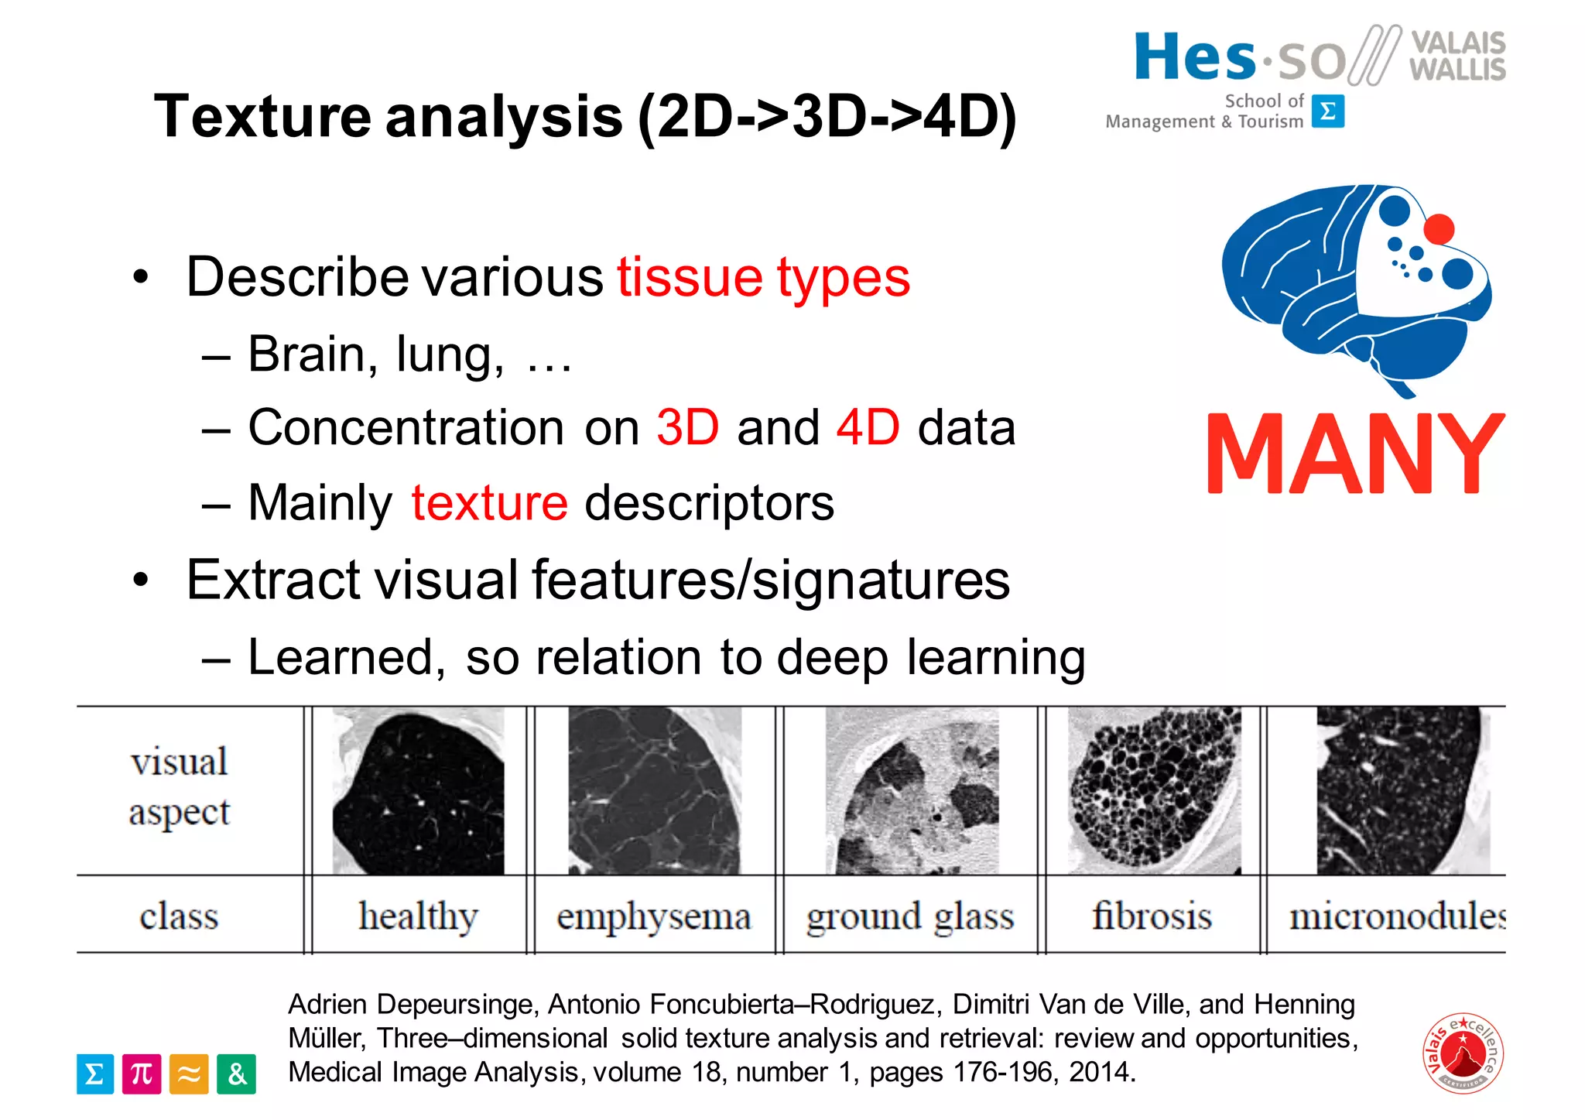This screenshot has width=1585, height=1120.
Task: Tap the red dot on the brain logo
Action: click(x=1439, y=229)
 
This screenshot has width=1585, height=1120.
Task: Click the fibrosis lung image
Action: click(x=1154, y=790)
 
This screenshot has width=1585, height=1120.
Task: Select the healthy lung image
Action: click(x=418, y=790)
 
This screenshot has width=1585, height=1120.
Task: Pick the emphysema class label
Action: click(x=653, y=916)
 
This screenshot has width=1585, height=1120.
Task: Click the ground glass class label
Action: click(x=909, y=916)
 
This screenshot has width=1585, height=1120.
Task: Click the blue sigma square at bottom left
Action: click(x=95, y=1074)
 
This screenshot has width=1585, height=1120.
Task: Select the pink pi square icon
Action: click(x=142, y=1074)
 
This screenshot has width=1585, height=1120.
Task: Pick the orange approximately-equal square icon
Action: click(x=189, y=1074)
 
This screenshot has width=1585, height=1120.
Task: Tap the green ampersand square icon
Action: click(x=236, y=1074)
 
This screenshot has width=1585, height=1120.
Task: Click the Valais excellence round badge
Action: click(x=1462, y=1053)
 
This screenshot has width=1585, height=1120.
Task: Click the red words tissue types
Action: click(x=763, y=277)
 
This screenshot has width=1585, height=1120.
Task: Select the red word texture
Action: click(x=489, y=503)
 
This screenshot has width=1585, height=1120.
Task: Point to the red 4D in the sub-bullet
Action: click(x=868, y=427)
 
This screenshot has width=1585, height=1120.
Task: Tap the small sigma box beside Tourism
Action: click(x=1328, y=111)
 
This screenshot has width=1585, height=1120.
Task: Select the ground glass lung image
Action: click(x=912, y=790)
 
